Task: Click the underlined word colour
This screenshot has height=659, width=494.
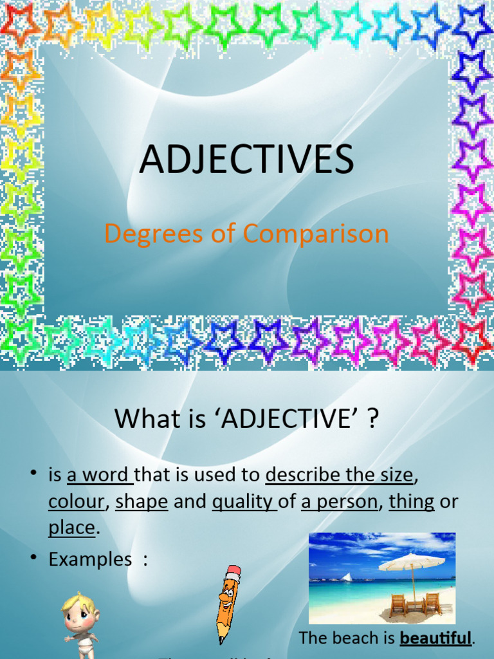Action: coord(76,502)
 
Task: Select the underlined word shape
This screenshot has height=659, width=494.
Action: coord(142,502)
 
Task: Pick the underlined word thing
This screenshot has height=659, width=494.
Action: coord(412,502)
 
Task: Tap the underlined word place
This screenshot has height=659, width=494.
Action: coord(71,528)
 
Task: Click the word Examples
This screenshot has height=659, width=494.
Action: coord(90,559)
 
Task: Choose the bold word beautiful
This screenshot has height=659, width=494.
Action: coord(435,638)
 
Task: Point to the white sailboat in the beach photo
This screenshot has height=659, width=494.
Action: coord(347,576)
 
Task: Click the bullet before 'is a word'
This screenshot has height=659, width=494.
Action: coord(33,474)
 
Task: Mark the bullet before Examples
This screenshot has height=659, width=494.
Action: coord(33,558)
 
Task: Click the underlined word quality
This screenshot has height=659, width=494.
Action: coord(243,502)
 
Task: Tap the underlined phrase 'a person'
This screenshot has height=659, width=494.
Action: coord(340,502)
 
